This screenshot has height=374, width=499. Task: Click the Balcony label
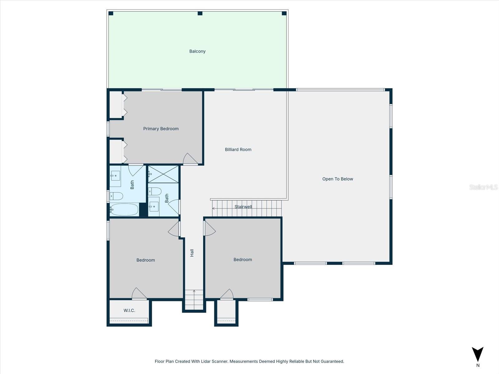click(x=197, y=51)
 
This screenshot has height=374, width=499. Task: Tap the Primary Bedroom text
click(x=161, y=129)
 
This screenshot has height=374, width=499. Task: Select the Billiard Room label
click(x=238, y=150)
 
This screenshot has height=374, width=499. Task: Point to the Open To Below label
click(x=337, y=179)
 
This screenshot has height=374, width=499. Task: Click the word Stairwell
click(x=243, y=207)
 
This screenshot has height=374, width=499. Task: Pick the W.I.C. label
click(x=129, y=310)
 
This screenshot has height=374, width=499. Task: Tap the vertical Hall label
click(x=192, y=253)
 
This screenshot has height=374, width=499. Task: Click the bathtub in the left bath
click(x=124, y=209)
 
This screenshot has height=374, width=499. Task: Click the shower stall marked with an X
click(x=163, y=174)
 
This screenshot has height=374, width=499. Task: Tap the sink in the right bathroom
click(x=153, y=206)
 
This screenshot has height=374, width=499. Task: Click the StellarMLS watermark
click(x=483, y=187)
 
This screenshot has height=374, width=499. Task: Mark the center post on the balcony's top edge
click(x=200, y=13)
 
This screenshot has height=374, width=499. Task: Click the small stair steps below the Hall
click(x=194, y=300)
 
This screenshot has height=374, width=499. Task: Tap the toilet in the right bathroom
click(x=155, y=191)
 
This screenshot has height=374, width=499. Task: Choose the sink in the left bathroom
click(x=115, y=176)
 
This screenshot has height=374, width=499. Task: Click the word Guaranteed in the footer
click(x=331, y=362)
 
